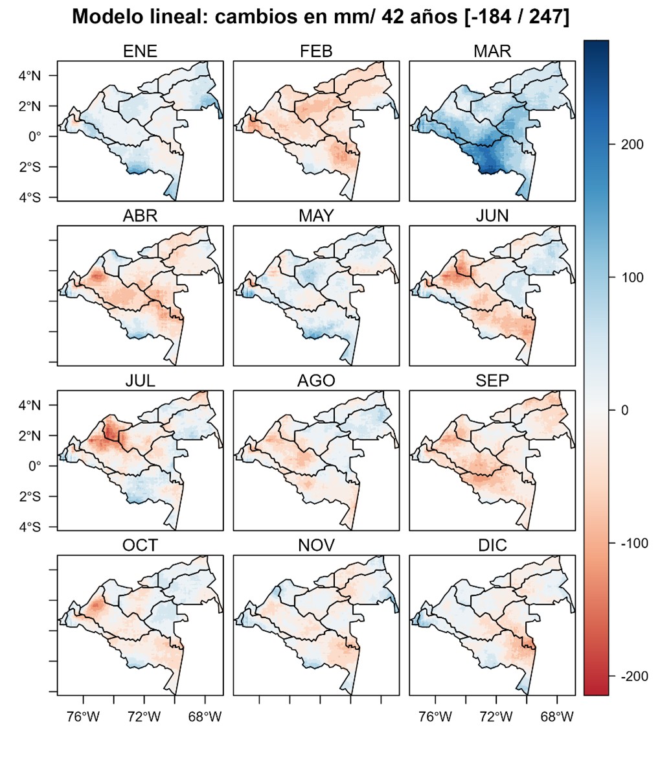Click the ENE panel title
click(x=140, y=51)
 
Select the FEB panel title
click(x=316, y=51)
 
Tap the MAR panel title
click(x=492, y=51)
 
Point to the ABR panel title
click(x=140, y=216)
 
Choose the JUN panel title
click(x=492, y=216)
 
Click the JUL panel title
click(x=140, y=381)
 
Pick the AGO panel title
click(x=316, y=381)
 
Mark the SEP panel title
click(x=492, y=381)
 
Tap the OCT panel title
click(x=140, y=546)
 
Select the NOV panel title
click(x=316, y=546)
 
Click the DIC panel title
click(x=492, y=546)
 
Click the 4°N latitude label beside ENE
click(x=29, y=75)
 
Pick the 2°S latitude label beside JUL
click(x=29, y=496)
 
